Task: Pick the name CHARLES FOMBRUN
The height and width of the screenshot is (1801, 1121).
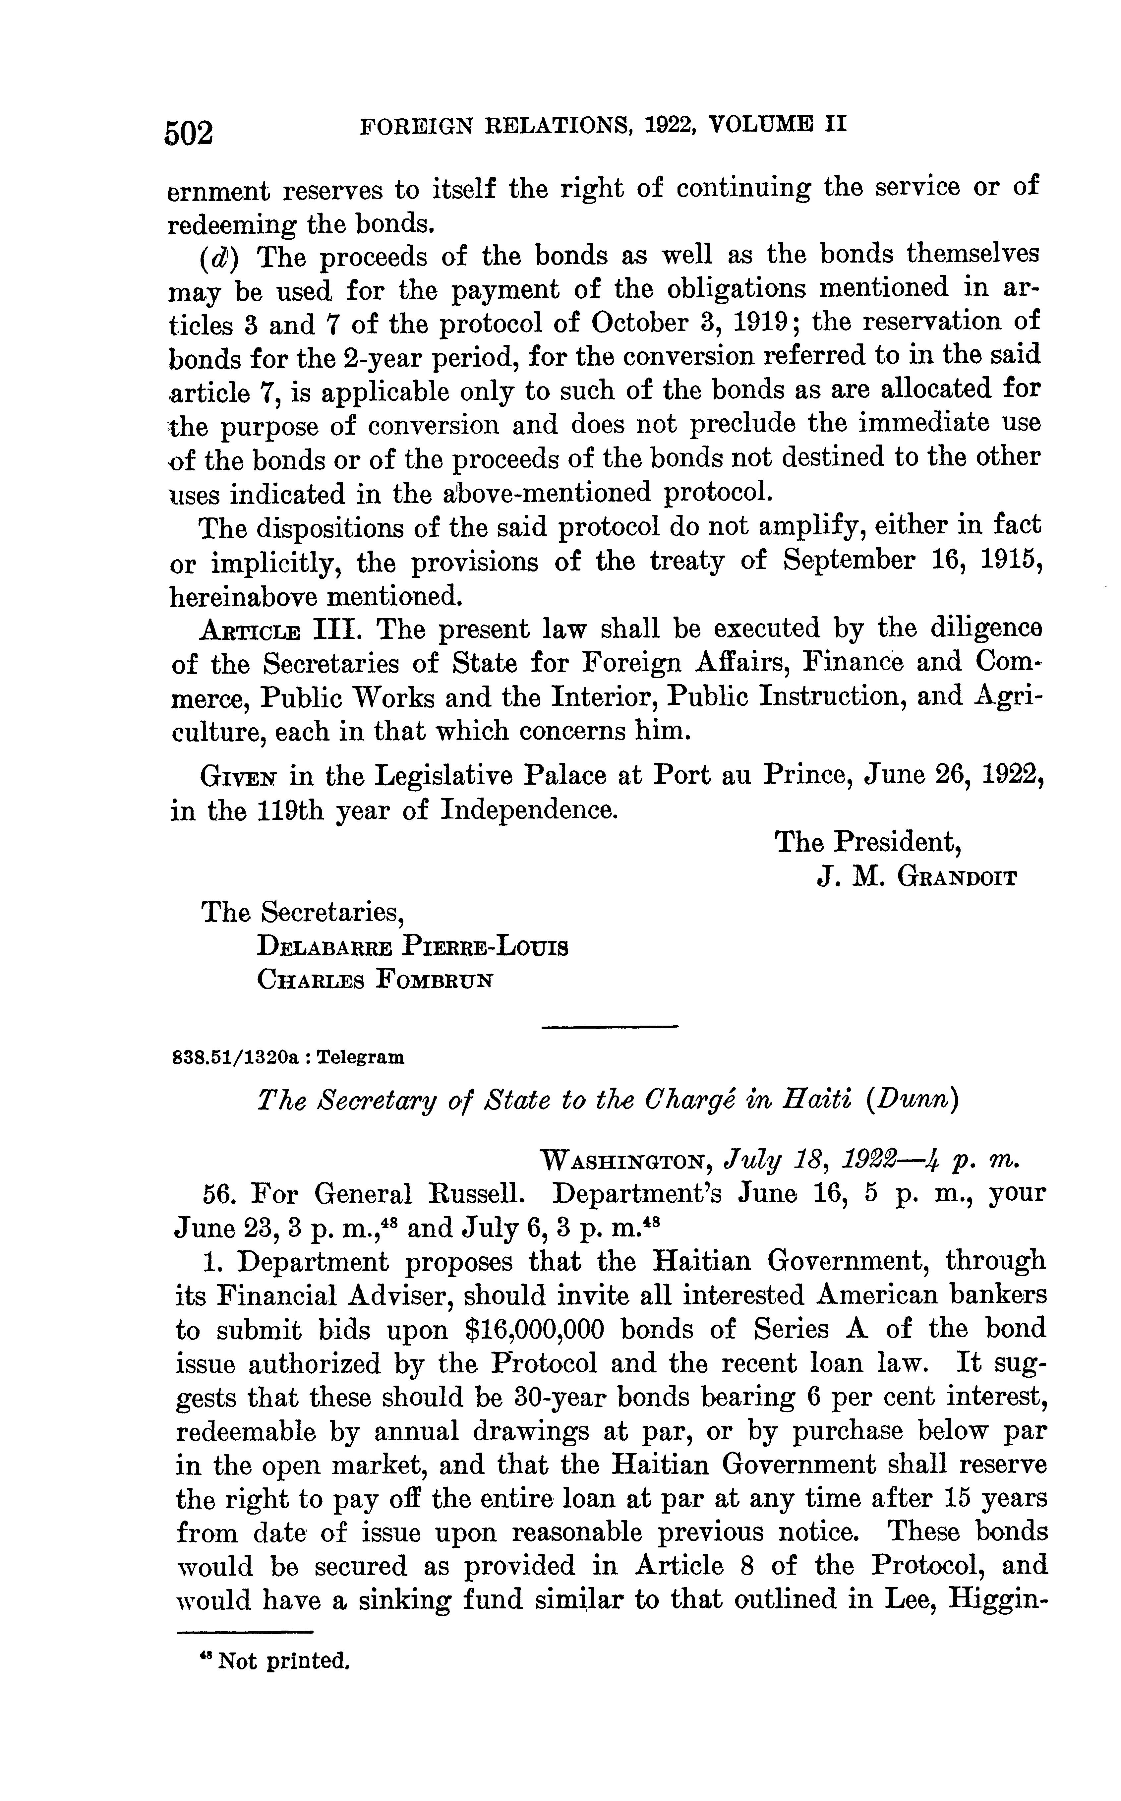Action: pyautogui.click(x=375, y=981)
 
